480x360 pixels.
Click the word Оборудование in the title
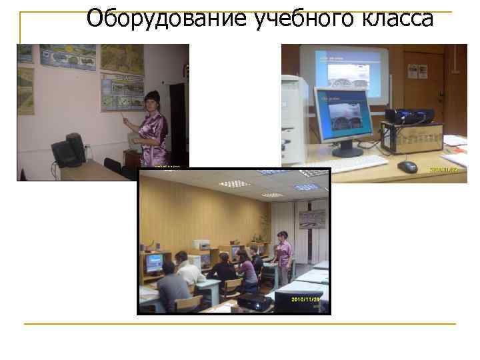168,18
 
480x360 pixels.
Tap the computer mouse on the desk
407,165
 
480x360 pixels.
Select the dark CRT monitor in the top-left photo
69,151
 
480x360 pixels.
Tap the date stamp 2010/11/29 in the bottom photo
309,299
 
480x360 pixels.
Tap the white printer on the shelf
201,245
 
